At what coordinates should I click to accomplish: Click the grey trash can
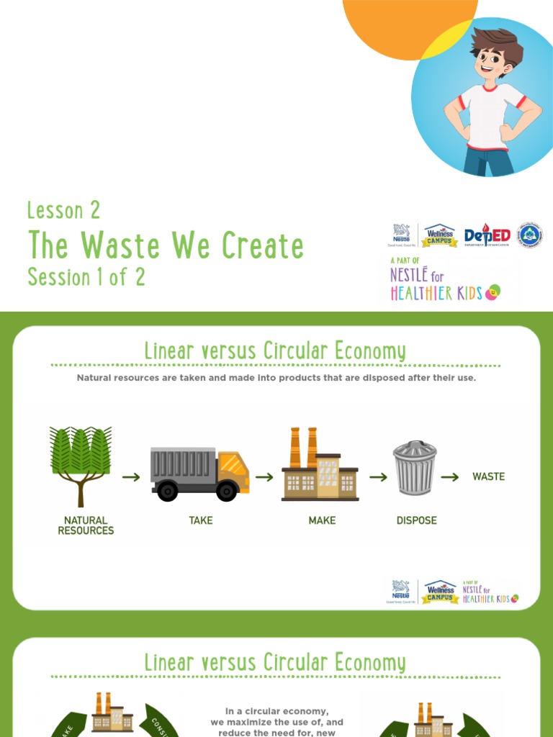(x=415, y=469)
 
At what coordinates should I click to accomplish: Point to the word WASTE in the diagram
(x=488, y=476)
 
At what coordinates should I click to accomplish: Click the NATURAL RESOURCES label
(x=86, y=525)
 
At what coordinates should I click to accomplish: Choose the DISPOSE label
(x=416, y=520)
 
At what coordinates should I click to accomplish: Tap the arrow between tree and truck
(x=130, y=476)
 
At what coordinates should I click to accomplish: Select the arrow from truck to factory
(x=264, y=476)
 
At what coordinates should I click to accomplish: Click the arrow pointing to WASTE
(x=450, y=476)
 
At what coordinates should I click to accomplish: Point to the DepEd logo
(x=487, y=236)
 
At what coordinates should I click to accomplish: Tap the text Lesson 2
(x=63, y=211)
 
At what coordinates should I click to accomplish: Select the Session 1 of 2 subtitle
(x=86, y=276)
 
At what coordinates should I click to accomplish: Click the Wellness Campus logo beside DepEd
(x=439, y=235)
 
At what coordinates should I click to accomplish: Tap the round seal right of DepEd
(x=530, y=235)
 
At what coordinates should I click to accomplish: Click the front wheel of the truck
(x=226, y=492)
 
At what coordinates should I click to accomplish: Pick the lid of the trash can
(x=415, y=448)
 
